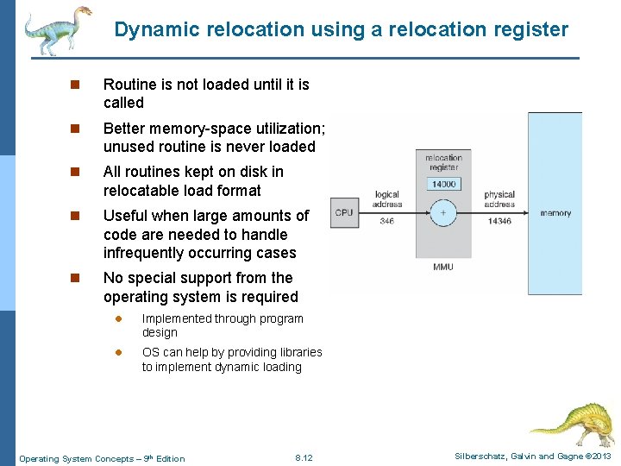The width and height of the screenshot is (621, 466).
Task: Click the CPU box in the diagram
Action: [x=344, y=212]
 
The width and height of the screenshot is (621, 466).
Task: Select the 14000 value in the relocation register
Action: [x=444, y=184]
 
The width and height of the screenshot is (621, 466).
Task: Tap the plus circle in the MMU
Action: [x=443, y=212]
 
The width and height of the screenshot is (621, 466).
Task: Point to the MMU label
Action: [x=443, y=267]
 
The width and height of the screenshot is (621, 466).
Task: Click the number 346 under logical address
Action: [x=386, y=222]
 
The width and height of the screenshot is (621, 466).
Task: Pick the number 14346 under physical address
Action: [x=499, y=222]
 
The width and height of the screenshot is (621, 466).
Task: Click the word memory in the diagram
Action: [x=555, y=212]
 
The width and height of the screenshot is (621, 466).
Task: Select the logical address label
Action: [x=386, y=199]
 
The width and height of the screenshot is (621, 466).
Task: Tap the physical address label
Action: [x=499, y=199]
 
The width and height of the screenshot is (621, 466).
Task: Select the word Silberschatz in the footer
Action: [x=479, y=457]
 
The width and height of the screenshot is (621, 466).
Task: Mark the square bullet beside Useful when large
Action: [x=75, y=216]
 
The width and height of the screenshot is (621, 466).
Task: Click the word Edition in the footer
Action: [x=170, y=458]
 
